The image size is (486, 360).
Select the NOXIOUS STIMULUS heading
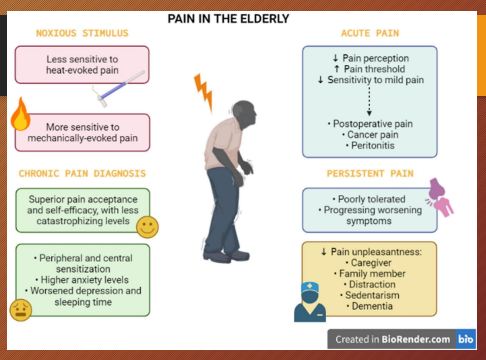coord(83,33)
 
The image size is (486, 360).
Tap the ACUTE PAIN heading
coord(372,33)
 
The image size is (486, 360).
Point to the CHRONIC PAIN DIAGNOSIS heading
coord(83,174)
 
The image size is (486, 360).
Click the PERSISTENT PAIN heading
coord(370,174)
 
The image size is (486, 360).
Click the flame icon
coord(19,116)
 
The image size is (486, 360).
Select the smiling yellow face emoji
coord(147,226)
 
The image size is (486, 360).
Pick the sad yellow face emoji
coord(19,309)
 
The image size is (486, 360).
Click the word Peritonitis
coord(371,144)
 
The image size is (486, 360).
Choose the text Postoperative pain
coord(371,122)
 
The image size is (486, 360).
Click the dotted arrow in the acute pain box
coord(370,99)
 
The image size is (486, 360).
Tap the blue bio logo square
coord(466,339)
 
